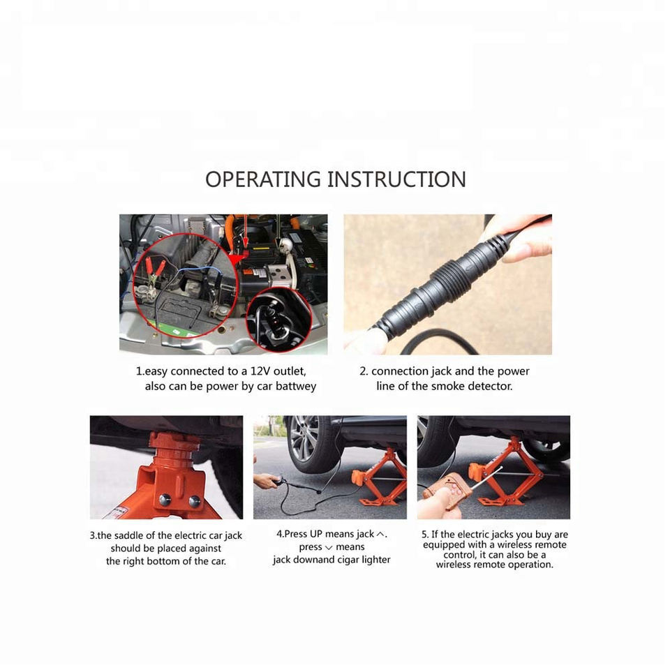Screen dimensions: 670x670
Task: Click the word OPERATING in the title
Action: (263, 179)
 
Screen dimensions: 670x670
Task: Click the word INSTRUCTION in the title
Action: (396, 179)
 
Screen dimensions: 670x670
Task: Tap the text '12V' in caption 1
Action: (260, 371)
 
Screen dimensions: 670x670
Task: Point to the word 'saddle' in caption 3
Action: (129, 535)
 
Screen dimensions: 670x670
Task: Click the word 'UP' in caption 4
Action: (316, 534)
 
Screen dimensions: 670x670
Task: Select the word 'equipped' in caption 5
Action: (443, 545)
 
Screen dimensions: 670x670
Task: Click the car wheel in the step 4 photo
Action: (308, 445)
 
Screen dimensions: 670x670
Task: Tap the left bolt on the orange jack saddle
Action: (165, 499)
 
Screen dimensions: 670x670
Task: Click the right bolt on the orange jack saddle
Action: (195, 501)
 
